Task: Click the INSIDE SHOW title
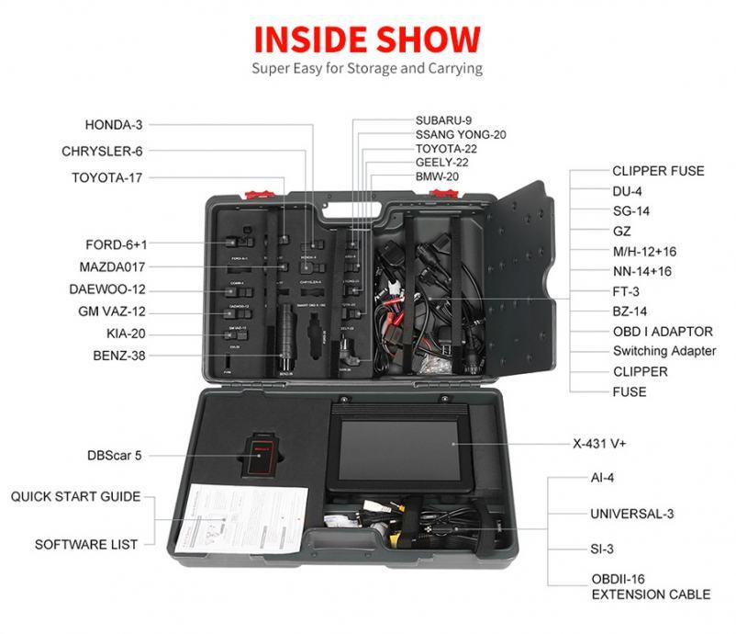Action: point(367,39)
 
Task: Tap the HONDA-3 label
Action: point(114,123)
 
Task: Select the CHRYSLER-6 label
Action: point(102,151)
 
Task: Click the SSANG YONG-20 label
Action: point(461,134)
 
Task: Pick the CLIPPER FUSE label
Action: point(658,171)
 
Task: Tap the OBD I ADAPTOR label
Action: point(663,332)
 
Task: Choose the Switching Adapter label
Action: point(664,351)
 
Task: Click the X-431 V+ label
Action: point(623,443)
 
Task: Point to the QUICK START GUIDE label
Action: point(75,496)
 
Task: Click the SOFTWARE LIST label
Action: point(87,544)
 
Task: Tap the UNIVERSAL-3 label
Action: point(638,513)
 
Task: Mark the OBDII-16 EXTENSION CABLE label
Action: point(650,587)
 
